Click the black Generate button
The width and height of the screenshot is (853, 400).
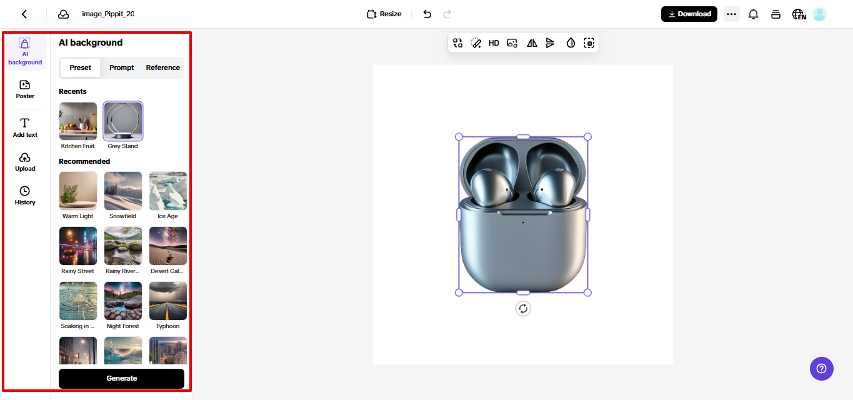click(121, 378)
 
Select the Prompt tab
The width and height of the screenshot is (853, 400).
click(121, 67)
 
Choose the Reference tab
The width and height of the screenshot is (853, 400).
click(162, 67)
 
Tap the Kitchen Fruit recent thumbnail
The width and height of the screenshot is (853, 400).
click(78, 121)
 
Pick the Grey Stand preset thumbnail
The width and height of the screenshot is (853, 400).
click(123, 121)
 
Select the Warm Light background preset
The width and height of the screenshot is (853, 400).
click(78, 191)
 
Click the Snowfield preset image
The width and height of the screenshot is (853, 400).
click(123, 191)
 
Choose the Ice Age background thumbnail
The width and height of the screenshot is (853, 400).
click(167, 191)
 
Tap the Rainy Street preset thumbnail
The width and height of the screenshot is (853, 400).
click(78, 246)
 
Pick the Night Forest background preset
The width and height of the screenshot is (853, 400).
click(123, 301)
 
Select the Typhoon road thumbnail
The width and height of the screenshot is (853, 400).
click(167, 301)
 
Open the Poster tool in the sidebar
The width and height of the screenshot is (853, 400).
click(25, 89)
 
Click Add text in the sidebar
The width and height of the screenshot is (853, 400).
click(25, 127)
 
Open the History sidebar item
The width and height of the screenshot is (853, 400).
click(25, 195)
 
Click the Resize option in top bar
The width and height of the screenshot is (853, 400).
click(384, 14)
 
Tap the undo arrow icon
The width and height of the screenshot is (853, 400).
click(427, 14)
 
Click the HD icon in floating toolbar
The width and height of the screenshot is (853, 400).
click(494, 43)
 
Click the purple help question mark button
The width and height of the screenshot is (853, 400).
click(822, 368)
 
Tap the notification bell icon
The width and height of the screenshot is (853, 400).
click(753, 14)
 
